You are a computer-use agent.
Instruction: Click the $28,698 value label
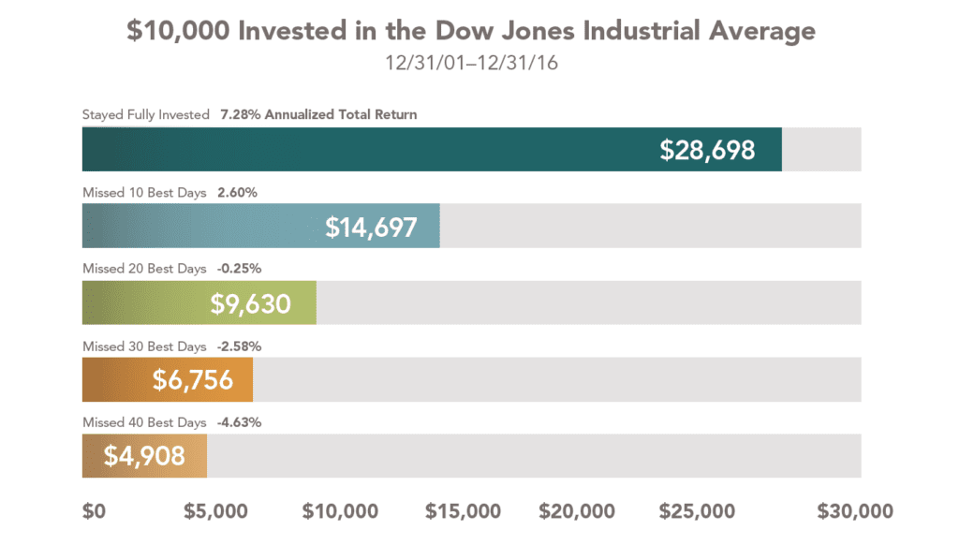tap(707, 150)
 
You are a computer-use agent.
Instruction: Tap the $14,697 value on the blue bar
tap(371, 227)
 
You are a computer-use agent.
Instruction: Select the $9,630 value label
tap(250, 303)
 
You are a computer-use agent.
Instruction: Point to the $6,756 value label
tap(193, 380)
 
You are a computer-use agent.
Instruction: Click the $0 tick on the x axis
tap(94, 511)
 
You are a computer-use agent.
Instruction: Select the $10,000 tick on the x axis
tap(340, 511)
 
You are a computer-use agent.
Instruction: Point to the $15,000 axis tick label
tap(463, 511)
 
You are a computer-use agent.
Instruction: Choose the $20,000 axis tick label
tap(577, 511)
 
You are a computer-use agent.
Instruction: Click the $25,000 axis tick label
tap(697, 511)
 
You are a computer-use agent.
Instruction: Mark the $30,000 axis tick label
tap(855, 511)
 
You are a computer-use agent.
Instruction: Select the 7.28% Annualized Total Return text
tap(318, 114)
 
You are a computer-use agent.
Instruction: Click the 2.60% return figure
tap(237, 192)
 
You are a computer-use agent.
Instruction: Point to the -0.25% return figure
tap(239, 269)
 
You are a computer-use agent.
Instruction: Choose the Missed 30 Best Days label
tap(144, 346)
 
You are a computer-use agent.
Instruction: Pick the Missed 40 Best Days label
tap(144, 422)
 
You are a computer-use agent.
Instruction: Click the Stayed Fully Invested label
tap(146, 114)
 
